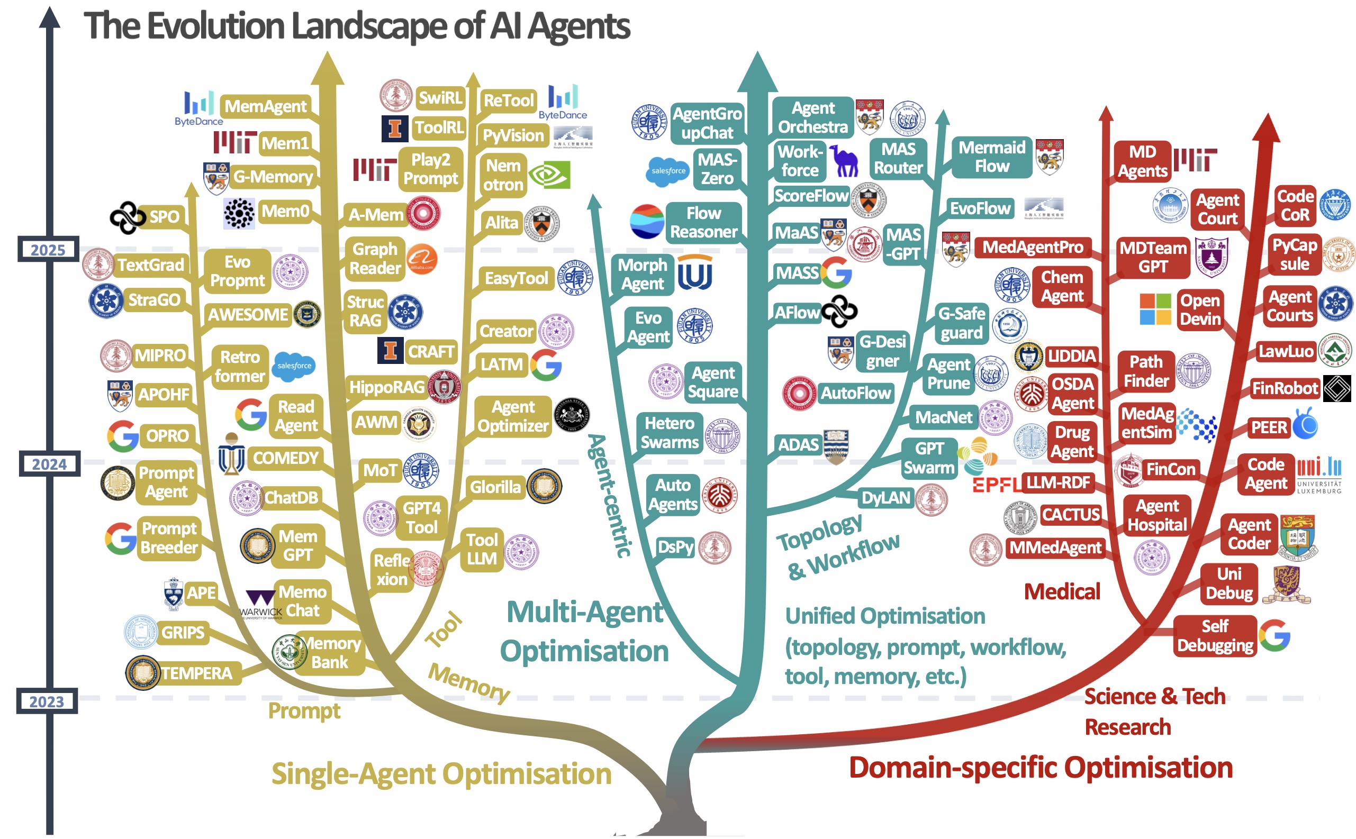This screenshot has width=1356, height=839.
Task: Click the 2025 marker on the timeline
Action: point(48,250)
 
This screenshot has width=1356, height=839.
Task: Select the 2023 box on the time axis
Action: point(47,702)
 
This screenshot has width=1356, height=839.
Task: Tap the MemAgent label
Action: point(265,106)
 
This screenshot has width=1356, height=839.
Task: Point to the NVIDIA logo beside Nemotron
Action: point(549,175)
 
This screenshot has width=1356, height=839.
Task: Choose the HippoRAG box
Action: point(386,387)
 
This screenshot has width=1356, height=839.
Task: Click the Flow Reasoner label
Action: point(703,222)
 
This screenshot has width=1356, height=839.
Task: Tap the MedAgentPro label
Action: point(1033,247)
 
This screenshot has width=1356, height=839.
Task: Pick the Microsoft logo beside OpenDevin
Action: point(1154,309)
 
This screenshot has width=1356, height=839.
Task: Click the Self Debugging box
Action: point(1215,636)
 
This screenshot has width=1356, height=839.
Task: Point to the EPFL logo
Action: point(996,485)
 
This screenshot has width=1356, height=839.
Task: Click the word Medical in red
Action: point(1061,591)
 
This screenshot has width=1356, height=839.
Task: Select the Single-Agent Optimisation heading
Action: point(441,773)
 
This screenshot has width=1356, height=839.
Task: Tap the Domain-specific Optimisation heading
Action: point(1040,768)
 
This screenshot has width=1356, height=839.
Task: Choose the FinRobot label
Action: point(1285,388)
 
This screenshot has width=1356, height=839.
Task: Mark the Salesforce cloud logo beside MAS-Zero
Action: point(668,171)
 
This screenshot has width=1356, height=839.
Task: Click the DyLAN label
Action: point(886,498)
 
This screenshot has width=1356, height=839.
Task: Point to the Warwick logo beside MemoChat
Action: point(261,605)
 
